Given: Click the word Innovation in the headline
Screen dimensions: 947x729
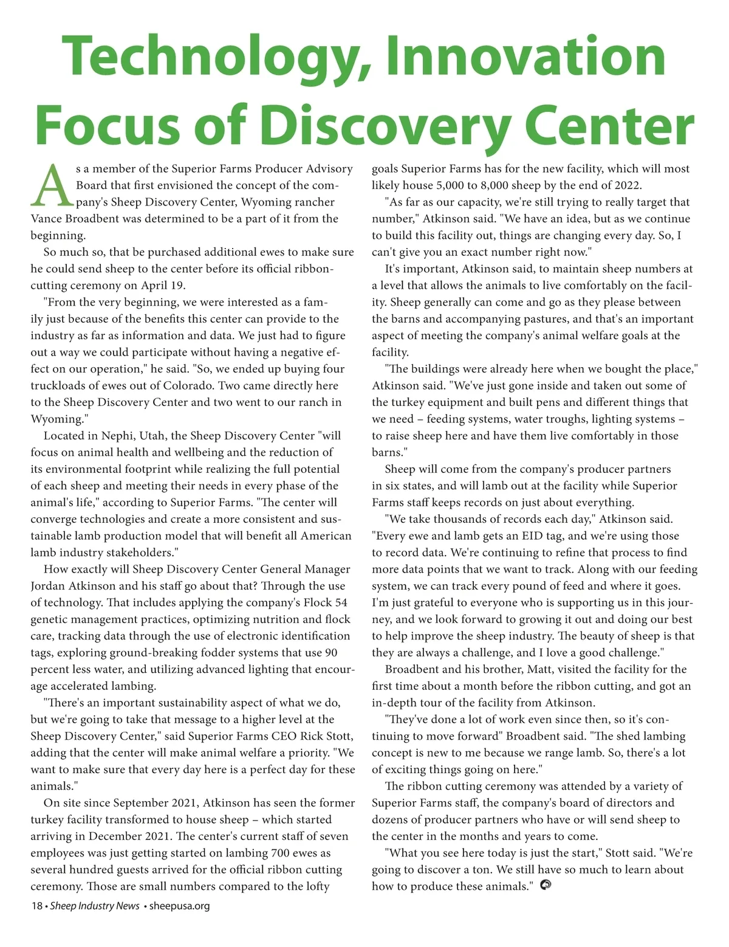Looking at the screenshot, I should coord(525,57).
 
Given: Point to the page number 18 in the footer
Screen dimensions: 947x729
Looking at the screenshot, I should coord(36,906).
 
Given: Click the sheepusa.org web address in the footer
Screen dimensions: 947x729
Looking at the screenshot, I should coord(179,906).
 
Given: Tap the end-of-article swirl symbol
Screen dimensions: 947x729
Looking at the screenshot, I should coord(545,886).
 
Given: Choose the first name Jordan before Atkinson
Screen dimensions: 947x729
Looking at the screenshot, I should coord(50,586).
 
